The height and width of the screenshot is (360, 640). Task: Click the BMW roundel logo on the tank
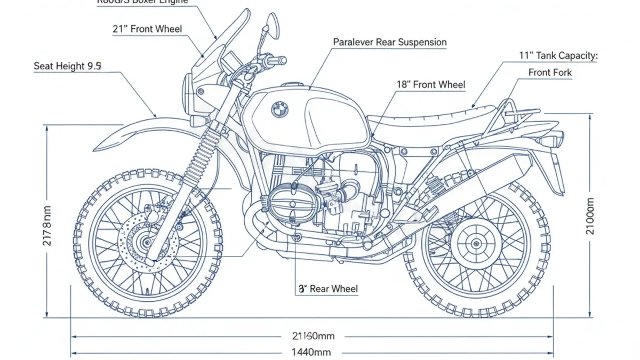coord(279,110)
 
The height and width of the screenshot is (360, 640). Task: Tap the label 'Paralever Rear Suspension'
coord(390,42)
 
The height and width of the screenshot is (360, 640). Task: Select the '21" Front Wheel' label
coord(147,29)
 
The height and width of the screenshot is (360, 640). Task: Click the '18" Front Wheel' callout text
coord(431,84)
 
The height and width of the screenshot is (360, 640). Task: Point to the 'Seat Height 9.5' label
coord(68,66)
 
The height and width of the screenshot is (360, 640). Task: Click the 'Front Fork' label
coord(550,73)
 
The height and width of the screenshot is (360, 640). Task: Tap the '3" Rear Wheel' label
coord(327,289)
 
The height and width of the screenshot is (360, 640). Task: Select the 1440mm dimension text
coord(311,352)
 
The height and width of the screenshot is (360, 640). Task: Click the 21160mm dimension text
coord(313,336)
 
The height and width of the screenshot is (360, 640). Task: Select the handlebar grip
coord(277,60)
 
